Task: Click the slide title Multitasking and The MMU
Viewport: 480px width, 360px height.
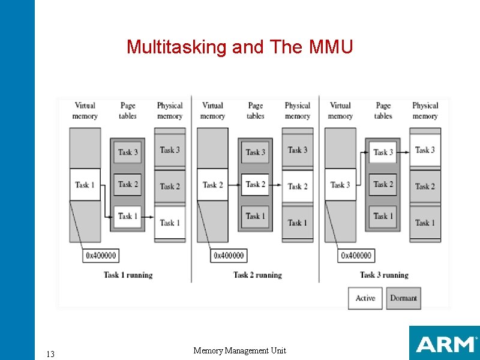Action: pyautogui.click(x=239, y=46)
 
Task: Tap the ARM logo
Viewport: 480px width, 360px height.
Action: pyautogui.click(x=444, y=343)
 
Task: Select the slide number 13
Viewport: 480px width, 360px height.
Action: pyautogui.click(x=50, y=354)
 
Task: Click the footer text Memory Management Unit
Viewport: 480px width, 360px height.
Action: pyautogui.click(x=239, y=350)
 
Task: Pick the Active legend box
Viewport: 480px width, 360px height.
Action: pyautogui.click(x=365, y=298)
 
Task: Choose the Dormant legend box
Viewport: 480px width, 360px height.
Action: pyautogui.click(x=403, y=298)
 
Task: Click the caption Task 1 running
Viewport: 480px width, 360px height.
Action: pyautogui.click(x=128, y=275)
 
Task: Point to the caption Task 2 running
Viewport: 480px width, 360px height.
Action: pyautogui.click(x=257, y=275)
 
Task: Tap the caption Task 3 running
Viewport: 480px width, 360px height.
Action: pyautogui.click(x=384, y=275)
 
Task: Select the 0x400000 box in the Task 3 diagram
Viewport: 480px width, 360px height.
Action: pyautogui.click(x=356, y=256)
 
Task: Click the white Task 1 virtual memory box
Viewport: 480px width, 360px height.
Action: pyautogui.click(x=85, y=185)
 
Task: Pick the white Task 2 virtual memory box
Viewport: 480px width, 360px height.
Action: pyautogui.click(x=212, y=185)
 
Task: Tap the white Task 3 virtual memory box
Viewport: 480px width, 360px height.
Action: pyautogui.click(x=340, y=185)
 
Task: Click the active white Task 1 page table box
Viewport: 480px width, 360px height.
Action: pyautogui.click(x=128, y=216)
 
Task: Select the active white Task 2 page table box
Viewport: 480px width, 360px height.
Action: pyautogui.click(x=256, y=184)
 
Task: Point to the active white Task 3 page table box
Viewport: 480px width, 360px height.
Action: pyautogui.click(x=383, y=152)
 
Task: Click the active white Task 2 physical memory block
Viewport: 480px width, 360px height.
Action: pyautogui.click(x=297, y=186)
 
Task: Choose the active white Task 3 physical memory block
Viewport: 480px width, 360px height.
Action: pyautogui.click(x=425, y=150)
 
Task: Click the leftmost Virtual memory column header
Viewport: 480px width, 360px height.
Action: pyautogui.click(x=85, y=110)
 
